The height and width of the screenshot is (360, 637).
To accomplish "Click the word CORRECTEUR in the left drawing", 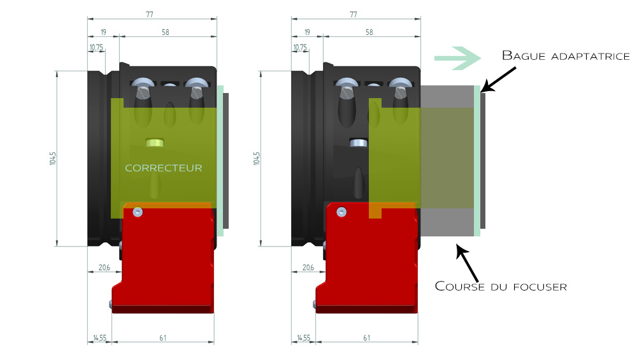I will [x=164, y=168].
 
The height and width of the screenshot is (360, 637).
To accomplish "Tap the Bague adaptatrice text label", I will [x=566, y=55].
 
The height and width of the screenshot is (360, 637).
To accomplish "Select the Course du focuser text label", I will [x=501, y=286].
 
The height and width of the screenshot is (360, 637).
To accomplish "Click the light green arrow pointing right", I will [x=456, y=58].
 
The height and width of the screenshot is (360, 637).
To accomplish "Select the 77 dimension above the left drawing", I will [x=151, y=13].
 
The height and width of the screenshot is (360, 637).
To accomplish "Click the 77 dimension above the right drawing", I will [x=355, y=13].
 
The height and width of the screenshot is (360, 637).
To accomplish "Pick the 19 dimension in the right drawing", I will [x=307, y=31].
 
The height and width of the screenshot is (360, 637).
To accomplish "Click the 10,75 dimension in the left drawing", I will [x=96, y=47].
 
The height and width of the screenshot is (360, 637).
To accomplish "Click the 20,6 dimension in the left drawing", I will [x=104, y=268].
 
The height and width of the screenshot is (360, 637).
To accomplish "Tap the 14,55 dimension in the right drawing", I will [x=303, y=338].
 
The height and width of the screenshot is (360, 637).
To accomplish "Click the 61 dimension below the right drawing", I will [x=366, y=338].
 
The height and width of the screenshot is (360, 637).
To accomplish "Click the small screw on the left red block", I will [x=138, y=211].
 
